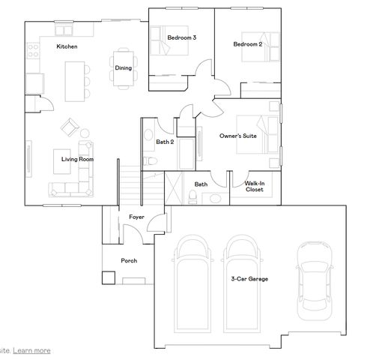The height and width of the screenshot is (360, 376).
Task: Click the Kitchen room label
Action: click(x=67, y=47)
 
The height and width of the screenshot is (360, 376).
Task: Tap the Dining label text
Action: click(x=123, y=68)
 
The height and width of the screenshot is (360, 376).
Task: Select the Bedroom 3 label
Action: click(x=181, y=37)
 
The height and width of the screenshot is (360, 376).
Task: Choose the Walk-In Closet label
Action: click(x=255, y=187)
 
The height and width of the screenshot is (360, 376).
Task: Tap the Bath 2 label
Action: click(x=165, y=142)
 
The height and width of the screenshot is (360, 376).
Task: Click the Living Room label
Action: click(x=76, y=159)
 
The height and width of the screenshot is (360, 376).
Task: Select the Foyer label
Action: click(x=136, y=217)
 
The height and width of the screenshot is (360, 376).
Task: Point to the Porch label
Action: click(x=129, y=260)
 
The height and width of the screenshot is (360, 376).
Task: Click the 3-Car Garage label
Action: click(x=249, y=279)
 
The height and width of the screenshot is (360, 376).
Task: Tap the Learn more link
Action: click(x=31, y=349)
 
